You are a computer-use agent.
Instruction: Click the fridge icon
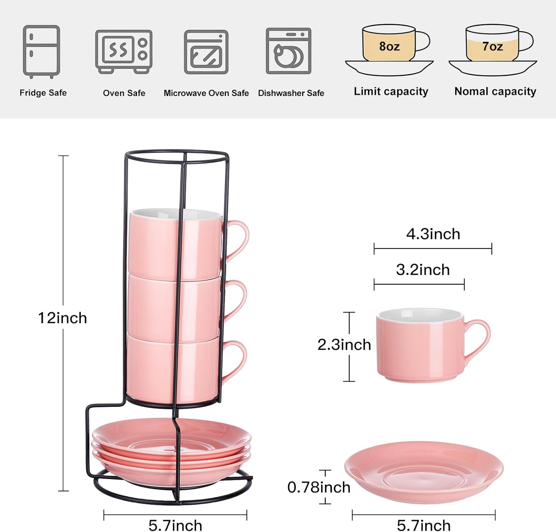click(42, 52)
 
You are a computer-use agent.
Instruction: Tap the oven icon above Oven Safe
click(124, 52)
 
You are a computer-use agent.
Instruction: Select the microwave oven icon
click(206, 52)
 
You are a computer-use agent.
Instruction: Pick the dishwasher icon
click(289, 51)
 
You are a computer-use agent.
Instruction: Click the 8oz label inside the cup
click(389, 46)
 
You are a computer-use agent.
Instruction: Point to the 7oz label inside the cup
click(493, 46)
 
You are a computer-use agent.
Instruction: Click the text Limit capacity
click(391, 91)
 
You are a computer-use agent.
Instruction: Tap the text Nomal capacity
click(495, 91)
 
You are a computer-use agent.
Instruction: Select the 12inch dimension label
click(63, 318)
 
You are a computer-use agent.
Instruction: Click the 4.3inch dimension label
click(433, 234)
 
